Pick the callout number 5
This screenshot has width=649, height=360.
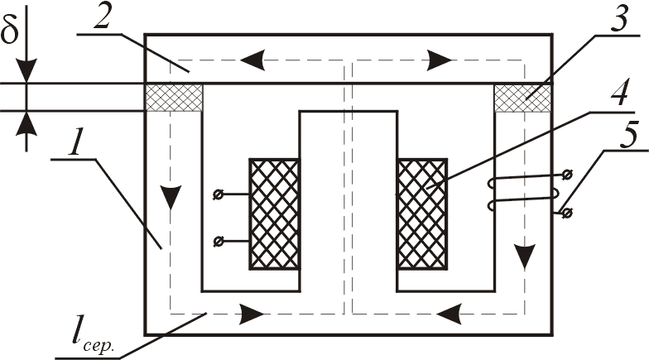(x=618, y=137)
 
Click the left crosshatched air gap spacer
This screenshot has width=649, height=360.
(x=174, y=98)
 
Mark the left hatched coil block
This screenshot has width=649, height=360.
(x=274, y=214)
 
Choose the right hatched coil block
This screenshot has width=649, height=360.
(x=422, y=214)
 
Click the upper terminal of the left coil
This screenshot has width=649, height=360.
(x=218, y=195)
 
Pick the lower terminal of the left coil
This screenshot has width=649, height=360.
(x=218, y=241)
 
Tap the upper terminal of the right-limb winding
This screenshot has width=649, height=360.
(x=566, y=175)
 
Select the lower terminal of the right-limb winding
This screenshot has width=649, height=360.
(x=566, y=214)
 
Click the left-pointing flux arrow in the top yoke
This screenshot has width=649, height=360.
(x=252, y=60)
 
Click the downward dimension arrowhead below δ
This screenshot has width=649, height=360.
(x=27, y=73)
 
